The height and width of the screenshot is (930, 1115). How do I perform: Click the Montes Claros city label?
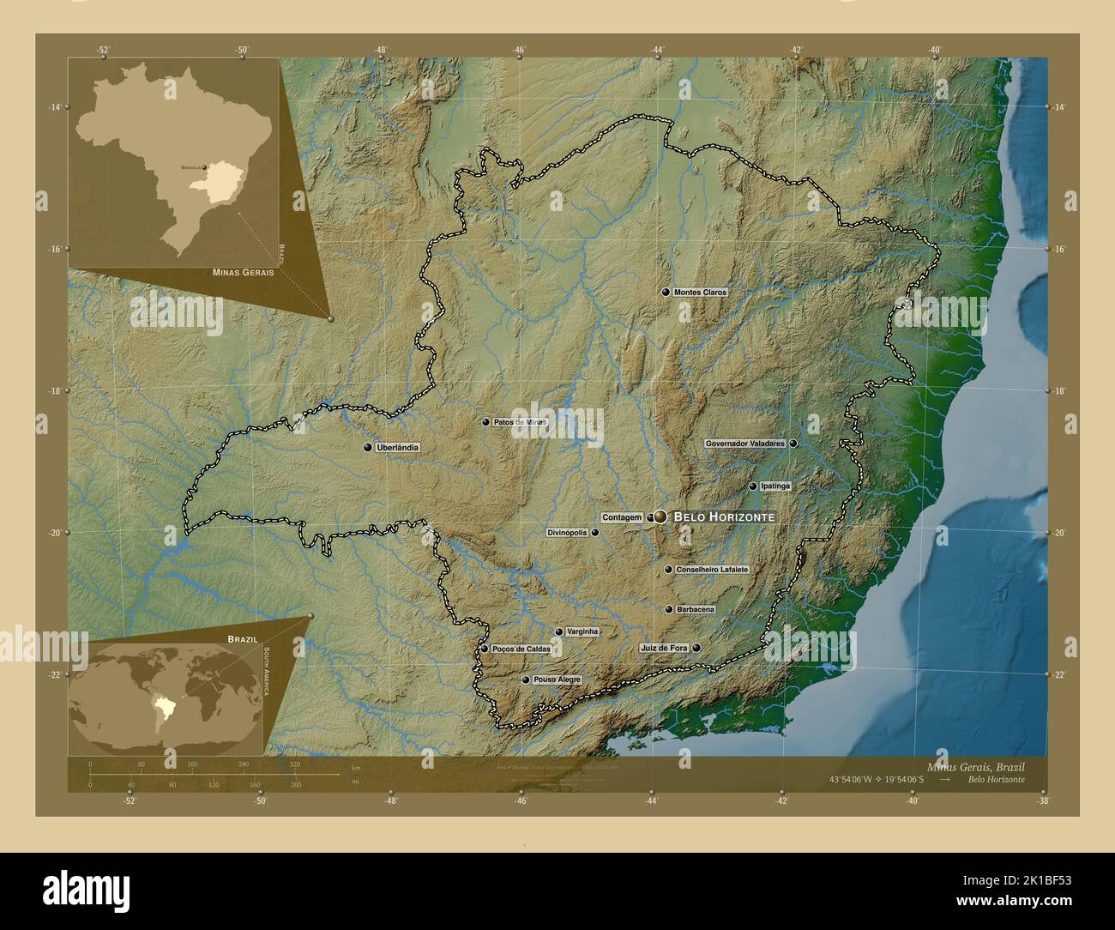(x=701, y=293)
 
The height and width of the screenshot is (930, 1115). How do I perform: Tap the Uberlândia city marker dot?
(x=368, y=448)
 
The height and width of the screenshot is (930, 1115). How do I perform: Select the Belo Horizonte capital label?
(x=725, y=517)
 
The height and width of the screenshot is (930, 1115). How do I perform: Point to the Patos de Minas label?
(x=520, y=422)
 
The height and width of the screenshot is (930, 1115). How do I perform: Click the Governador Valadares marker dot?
(x=793, y=444)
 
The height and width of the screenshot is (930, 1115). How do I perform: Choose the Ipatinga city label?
(x=775, y=486)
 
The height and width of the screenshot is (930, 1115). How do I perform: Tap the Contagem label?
(x=622, y=517)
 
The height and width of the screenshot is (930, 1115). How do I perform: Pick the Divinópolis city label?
(x=567, y=533)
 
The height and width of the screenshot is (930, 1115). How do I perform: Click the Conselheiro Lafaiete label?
(x=712, y=570)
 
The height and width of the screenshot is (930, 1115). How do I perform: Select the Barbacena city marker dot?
(x=669, y=610)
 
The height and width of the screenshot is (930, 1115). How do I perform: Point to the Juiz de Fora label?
(x=664, y=648)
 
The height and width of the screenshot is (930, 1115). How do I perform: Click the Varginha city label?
(x=582, y=632)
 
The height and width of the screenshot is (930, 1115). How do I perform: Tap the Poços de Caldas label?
(x=521, y=649)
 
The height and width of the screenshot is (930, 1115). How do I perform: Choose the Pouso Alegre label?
(x=557, y=679)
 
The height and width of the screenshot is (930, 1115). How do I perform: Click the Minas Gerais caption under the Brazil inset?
(x=238, y=272)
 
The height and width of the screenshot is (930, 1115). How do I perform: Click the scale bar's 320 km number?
(x=295, y=764)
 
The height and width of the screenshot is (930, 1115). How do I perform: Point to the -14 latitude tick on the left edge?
(x=56, y=107)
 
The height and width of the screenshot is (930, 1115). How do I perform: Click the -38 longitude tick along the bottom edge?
(x=1043, y=800)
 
